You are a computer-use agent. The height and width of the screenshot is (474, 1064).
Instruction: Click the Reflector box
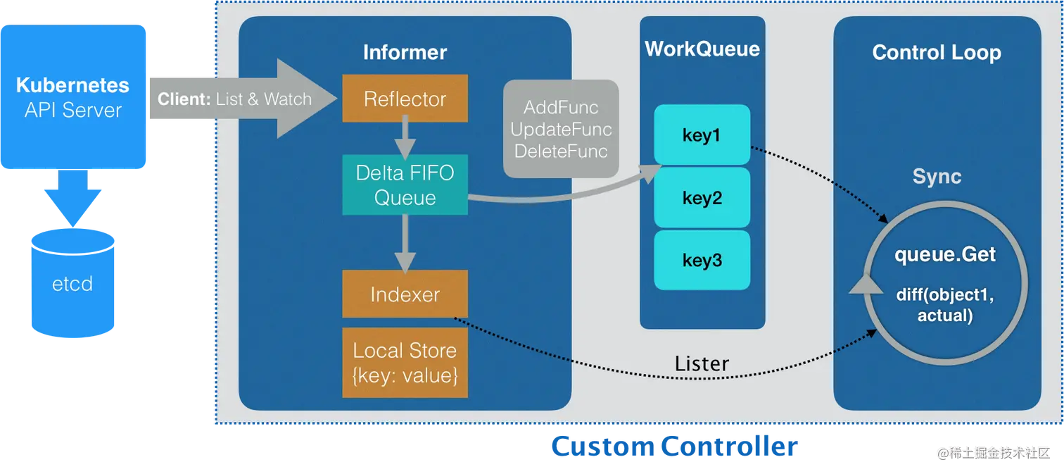coord(405,99)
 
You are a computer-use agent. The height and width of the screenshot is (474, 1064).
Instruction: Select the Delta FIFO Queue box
coord(405,185)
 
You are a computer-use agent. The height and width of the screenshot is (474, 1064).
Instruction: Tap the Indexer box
coord(405,294)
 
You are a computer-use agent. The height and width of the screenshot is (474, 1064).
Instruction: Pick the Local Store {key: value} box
coord(405,362)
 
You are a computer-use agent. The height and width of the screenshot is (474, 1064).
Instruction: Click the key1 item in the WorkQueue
coord(702,135)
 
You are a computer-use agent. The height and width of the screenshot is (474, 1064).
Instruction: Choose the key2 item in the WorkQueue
coord(702,197)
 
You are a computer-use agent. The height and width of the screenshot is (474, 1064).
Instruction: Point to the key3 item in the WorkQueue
coord(702,260)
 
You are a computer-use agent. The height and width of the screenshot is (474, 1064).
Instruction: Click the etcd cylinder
coord(72,283)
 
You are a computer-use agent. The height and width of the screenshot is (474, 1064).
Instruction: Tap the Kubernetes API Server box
coord(73,97)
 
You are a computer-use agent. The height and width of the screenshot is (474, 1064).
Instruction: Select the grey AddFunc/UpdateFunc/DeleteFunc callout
coord(561,129)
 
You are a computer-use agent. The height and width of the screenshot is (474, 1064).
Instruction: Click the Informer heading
coord(405,52)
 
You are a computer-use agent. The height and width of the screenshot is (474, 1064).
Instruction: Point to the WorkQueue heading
coord(702,49)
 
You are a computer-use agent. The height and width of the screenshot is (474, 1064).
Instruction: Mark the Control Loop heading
coord(936,52)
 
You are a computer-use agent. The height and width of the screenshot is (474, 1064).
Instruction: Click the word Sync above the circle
coord(937,176)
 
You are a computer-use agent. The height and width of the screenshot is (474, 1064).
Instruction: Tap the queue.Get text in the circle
coord(944,254)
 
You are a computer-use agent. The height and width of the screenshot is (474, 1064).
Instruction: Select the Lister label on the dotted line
coord(702,363)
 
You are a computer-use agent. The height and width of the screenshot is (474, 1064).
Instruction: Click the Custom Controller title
coord(673,447)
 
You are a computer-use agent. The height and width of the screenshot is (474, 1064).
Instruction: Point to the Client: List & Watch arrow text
coord(234,99)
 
